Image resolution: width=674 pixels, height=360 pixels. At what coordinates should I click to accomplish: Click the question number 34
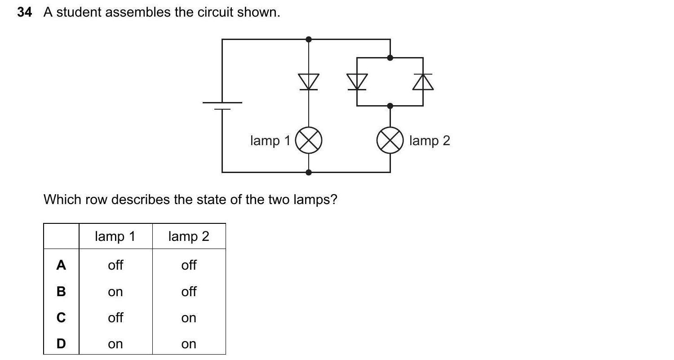[x=25, y=13]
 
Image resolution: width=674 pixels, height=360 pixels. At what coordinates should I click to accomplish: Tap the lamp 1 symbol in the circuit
[x=308, y=140]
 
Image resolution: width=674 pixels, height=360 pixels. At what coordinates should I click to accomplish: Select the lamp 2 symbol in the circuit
[x=390, y=140]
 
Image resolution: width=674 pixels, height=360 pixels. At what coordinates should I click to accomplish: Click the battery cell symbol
[x=222, y=106]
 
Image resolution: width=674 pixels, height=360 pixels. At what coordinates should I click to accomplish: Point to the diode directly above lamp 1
[x=308, y=82]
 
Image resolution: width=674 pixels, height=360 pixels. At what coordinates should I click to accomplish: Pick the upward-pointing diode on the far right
[x=423, y=82]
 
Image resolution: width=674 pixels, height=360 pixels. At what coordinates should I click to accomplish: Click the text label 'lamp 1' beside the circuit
[x=270, y=141]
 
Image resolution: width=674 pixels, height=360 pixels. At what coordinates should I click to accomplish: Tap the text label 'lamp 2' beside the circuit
[x=430, y=141]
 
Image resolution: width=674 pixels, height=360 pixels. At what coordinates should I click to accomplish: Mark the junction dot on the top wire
[x=308, y=40]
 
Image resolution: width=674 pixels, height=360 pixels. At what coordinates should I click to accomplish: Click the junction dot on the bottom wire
[x=308, y=172]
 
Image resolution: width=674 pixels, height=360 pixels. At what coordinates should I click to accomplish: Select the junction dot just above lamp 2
[x=390, y=106]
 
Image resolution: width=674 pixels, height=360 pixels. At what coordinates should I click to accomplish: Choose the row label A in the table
[x=61, y=265]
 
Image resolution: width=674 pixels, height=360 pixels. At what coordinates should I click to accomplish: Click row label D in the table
[x=61, y=344]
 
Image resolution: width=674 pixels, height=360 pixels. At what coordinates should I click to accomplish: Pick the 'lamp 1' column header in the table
[x=115, y=236]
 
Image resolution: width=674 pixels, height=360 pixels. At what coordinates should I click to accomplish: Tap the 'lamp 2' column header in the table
[x=189, y=236]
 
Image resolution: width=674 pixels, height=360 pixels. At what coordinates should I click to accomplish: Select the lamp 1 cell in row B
[x=115, y=292]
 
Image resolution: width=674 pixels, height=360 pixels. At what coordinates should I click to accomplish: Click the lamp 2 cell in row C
[x=189, y=318]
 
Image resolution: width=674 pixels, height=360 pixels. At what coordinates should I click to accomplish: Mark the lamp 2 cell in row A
[x=189, y=265]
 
